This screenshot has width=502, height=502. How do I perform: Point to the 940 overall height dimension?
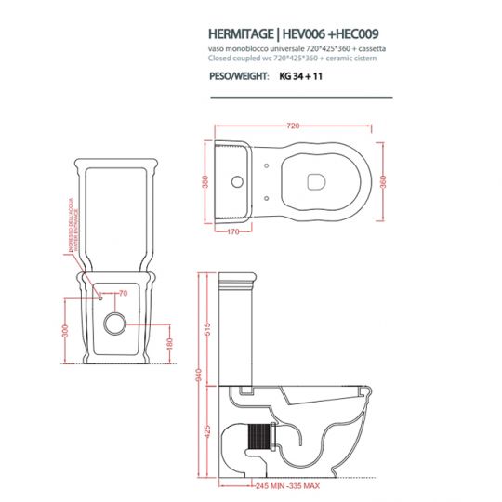coord(197,375)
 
